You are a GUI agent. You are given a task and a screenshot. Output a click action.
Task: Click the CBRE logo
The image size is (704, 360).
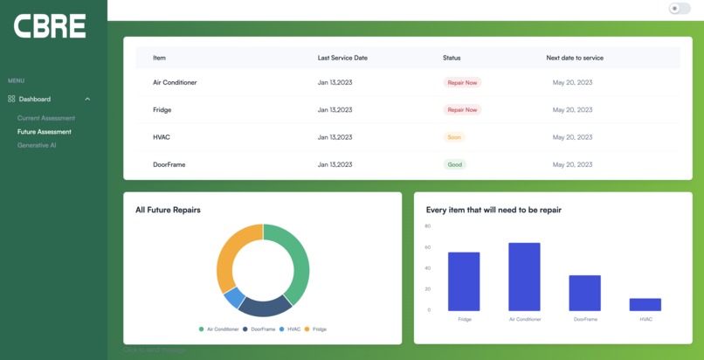pyautogui.click(x=50, y=26)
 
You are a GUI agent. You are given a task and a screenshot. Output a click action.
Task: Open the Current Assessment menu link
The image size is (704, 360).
pyautogui.click(x=46, y=118)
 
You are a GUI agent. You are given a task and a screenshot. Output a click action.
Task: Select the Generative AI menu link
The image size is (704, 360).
pyautogui.click(x=37, y=145)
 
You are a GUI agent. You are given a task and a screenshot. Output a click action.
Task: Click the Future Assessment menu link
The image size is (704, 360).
pyautogui.click(x=45, y=132)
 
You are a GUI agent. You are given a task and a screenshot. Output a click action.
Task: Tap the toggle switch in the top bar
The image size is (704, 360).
pyautogui.click(x=679, y=9)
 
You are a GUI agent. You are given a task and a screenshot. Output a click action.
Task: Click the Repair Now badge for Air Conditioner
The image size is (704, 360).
pyautogui.click(x=462, y=83)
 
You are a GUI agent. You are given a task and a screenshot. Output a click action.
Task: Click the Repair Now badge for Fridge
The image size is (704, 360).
pyautogui.click(x=462, y=110)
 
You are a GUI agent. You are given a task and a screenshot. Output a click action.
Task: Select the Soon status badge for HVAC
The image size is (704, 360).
pyautogui.click(x=454, y=137)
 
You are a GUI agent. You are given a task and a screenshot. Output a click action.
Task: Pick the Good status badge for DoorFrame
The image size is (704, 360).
pyautogui.click(x=454, y=164)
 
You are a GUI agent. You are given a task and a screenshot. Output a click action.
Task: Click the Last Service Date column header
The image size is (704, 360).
pyautogui.click(x=342, y=58)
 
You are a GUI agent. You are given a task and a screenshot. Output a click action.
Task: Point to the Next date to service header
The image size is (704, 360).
pyautogui.click(x=575, y=58)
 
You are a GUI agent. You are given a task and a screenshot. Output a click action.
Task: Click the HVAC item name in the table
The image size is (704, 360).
pyautogui.click(x=162, y=137)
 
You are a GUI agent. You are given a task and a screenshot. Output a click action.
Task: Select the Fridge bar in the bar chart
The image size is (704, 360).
pyautogui.click(x=464, y=281)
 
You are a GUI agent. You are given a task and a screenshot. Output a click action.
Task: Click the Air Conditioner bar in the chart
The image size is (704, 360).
pyautogui.click(x=524, y=276)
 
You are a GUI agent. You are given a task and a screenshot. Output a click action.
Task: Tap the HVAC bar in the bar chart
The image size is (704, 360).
pyautogui.click(x=645, y=304)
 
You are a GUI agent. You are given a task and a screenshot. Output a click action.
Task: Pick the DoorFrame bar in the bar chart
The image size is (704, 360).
pyautogui.click(x=584, y=293)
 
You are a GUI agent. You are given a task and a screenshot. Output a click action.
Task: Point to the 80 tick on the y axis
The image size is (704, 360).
pyautogui.click(x=428, y=226)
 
